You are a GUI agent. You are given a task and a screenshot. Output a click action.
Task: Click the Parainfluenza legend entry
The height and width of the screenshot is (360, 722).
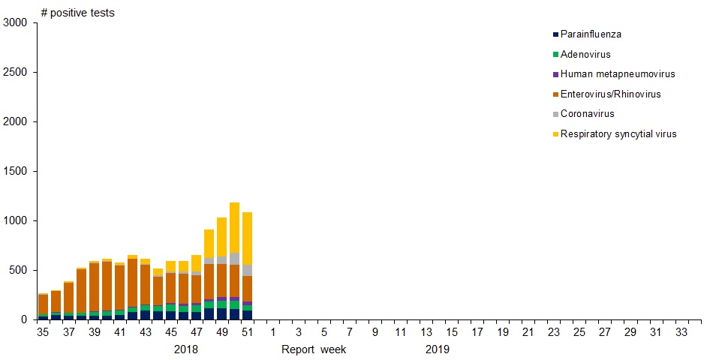pyautogui.click(x=591, y=34)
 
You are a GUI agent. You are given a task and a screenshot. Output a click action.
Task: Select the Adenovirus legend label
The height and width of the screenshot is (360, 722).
pyautogui.click(x=585, y=55)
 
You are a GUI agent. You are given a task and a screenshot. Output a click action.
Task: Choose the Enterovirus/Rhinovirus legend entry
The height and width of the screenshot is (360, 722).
pyautogui.click(x=610, y=94)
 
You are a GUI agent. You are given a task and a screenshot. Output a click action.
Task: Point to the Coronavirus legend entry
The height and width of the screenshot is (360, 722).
pyautogui.click(x=587, y=114)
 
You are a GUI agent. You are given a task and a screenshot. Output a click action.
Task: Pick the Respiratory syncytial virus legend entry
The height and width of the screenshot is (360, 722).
pyautogui.click(x=618, y=134)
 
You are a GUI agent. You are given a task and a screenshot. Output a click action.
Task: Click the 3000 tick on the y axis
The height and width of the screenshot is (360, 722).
pyautogui.click(x=15, y=23)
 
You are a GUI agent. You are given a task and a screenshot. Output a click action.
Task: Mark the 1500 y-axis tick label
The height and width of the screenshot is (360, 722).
pyautogui.click(x=15, y=172)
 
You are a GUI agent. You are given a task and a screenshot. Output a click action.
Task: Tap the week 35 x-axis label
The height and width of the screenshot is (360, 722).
pyautogui.click(x=44, y=332)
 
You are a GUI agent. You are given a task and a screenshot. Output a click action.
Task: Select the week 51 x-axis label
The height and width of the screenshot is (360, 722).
pyautogui.click(x=248, y=332)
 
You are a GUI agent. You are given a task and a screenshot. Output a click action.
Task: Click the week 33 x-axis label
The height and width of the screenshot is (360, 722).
pyautogui.click(x=681, y=332)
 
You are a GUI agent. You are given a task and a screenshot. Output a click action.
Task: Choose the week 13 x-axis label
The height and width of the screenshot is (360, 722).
pyautogui.click(x=426, y=332)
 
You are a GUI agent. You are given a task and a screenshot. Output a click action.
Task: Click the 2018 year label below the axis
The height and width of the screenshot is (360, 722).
pyautogui.click(x=186, y=349)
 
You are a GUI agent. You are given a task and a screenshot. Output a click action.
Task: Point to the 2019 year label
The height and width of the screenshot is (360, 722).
pyautogui.click(x=438, y=349)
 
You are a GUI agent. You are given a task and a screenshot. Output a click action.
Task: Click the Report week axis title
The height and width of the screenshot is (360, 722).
pyautogui.click(x=314, y=349)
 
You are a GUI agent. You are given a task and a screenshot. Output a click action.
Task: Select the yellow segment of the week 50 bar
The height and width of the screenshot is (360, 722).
pyautogui.click(x=235, y=228)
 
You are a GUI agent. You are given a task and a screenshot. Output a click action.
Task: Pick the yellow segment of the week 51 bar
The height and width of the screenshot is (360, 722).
pyautogui.click(x=248, y=238)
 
